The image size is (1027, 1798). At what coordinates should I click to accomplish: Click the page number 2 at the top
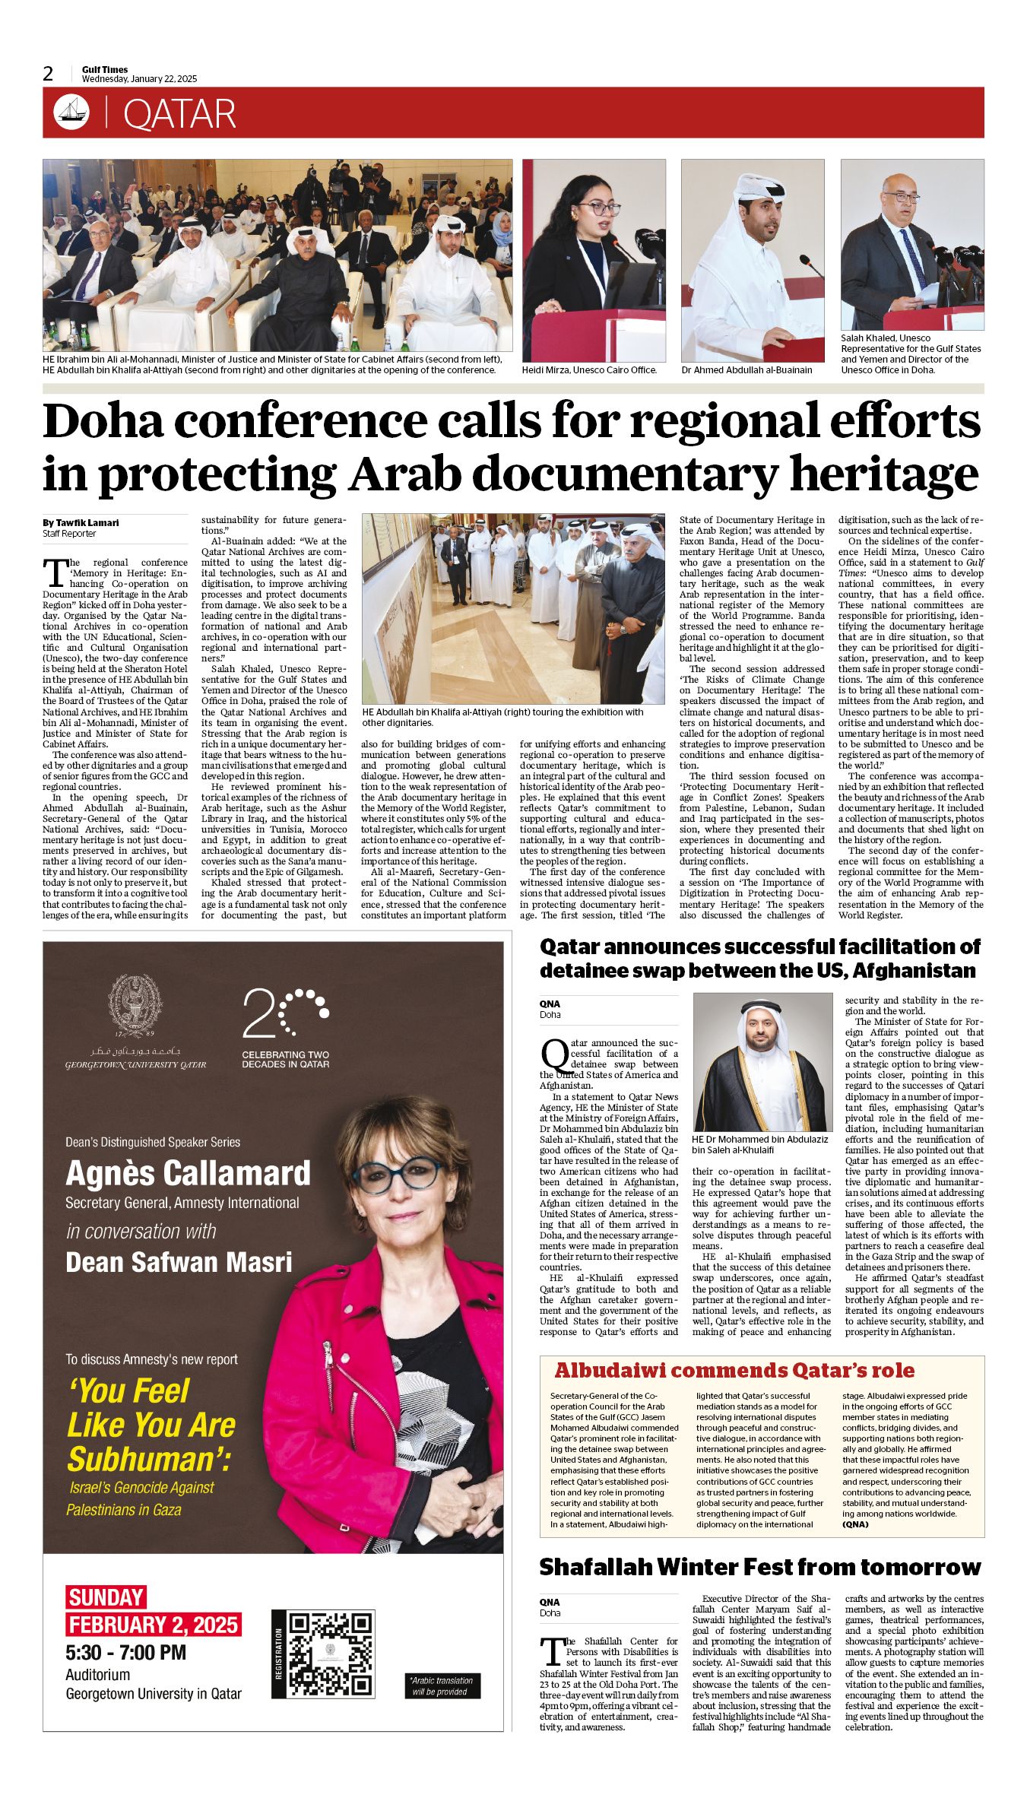pos(49,74)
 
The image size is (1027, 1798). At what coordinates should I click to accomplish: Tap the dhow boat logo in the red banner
pos(71,113)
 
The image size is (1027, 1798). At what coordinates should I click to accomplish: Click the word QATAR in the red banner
pos(179,114)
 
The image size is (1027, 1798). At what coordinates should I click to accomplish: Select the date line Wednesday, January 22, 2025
pos(139,79)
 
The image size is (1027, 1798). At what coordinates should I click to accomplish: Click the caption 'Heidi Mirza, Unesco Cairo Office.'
pos(589,370)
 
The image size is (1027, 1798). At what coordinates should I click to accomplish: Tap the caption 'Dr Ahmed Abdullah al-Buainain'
pos(746,370)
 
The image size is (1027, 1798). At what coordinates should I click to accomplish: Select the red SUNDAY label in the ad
pos(106,1597)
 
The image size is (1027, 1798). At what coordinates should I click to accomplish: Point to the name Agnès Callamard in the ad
pos(188,1173)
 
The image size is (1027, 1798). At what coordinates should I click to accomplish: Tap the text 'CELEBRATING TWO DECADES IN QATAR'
pos(285,1059)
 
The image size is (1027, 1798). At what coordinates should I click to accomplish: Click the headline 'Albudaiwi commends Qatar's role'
pos(734,1370)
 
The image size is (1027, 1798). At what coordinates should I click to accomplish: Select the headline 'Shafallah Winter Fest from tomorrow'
pos(760,1567)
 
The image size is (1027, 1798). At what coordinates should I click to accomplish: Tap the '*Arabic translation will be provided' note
pos(440,1685)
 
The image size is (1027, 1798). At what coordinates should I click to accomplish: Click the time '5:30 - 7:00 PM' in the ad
pos(125,1652)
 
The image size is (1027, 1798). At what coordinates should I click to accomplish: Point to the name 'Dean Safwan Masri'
pos(179,1262)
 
